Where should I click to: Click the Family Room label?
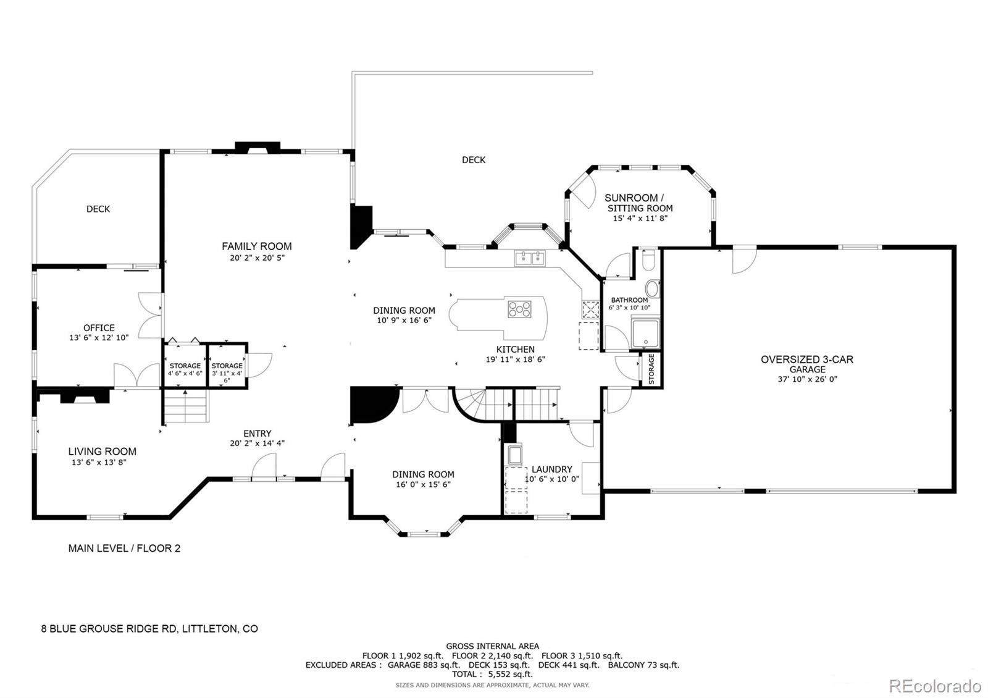point(257,246)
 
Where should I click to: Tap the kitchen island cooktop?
point(519,309)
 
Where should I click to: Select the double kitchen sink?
point(530,258)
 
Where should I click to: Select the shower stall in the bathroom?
point(645,333)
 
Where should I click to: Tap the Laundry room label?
point(551,469)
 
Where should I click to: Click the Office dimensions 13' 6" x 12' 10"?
point(99,338)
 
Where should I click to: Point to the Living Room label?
point(102,452)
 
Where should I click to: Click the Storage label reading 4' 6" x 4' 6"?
point(185,369)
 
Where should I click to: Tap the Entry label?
point(257,434)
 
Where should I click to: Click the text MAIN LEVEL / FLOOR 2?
point(124,548)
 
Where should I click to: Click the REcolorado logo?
point(934,686)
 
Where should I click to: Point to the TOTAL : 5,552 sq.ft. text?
point(492,675)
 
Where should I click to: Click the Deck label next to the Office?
point(98,209)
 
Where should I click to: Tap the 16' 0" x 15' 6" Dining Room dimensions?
point(423,484)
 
